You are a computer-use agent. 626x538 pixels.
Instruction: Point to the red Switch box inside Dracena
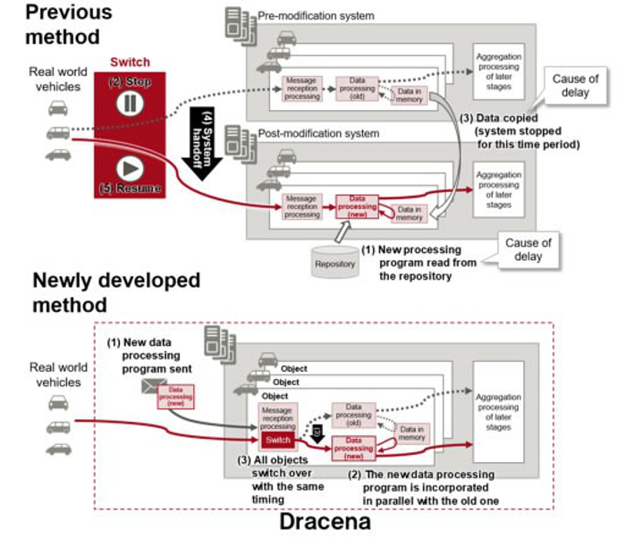point(276,440)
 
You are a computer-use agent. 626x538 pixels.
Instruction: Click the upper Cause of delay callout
point(575,85)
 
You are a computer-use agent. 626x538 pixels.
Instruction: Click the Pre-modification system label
point(316,15)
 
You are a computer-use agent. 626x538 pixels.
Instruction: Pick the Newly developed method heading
point(116,292)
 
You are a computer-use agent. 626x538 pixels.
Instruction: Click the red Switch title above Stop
point(130,63)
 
